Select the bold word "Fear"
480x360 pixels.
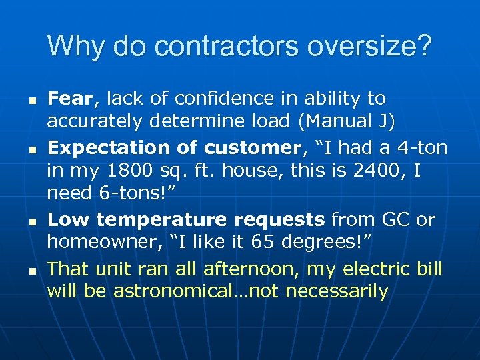(71, 99)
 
